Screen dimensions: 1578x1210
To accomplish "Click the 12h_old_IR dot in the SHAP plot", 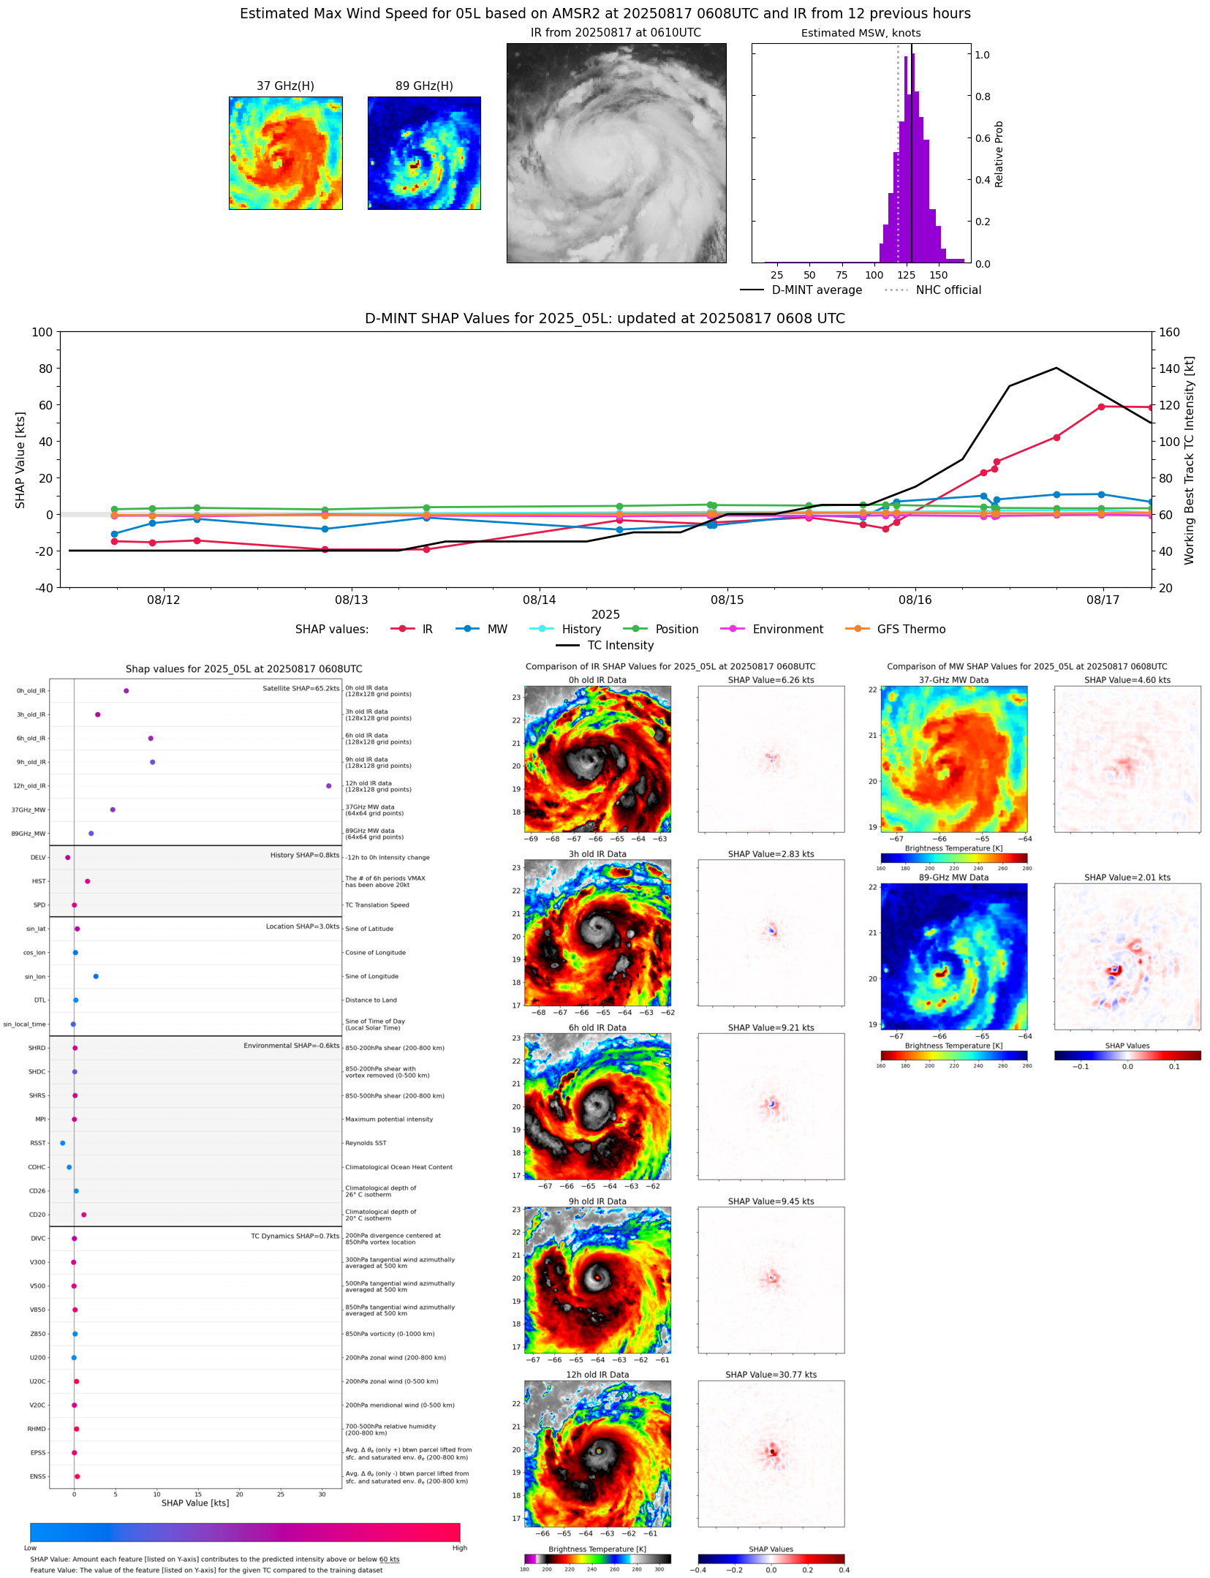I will pos(328,785).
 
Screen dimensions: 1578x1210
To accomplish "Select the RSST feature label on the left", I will pos(37,1143).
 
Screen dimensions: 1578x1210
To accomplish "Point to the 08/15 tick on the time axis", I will pos(727,600).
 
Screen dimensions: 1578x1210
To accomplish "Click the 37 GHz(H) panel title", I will pos(285,86).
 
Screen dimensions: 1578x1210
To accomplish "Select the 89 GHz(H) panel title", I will pos(424,86).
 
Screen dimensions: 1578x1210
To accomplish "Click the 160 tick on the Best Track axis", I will pos(1169,332).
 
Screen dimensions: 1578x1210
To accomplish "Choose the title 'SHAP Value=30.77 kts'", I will pos(771,1375).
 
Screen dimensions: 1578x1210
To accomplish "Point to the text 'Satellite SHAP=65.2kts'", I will pos(300,688).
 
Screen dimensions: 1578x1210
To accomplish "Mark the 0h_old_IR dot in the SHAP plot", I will pos(126,690).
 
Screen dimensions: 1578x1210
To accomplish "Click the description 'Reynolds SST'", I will pos(366,1143).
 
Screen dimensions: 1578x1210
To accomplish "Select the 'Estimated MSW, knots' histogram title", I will pos(861,33).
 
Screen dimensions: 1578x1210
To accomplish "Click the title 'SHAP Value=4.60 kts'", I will pos(1127,680).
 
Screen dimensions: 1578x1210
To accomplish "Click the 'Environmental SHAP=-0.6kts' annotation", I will pos(291,1046).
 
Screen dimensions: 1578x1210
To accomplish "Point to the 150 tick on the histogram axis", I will pos(938,275).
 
